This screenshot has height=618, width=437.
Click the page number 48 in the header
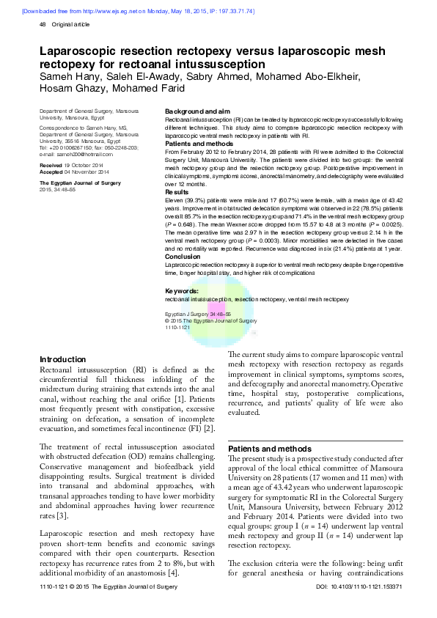click(x=42, y=25)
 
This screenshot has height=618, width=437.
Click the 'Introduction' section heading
click(x=62, y=360)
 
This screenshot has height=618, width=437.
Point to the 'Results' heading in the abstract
click(x=177, y=192)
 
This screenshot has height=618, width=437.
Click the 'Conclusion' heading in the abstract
click(x=183, y=257)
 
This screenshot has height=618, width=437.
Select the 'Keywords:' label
click(x=182, y=292)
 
